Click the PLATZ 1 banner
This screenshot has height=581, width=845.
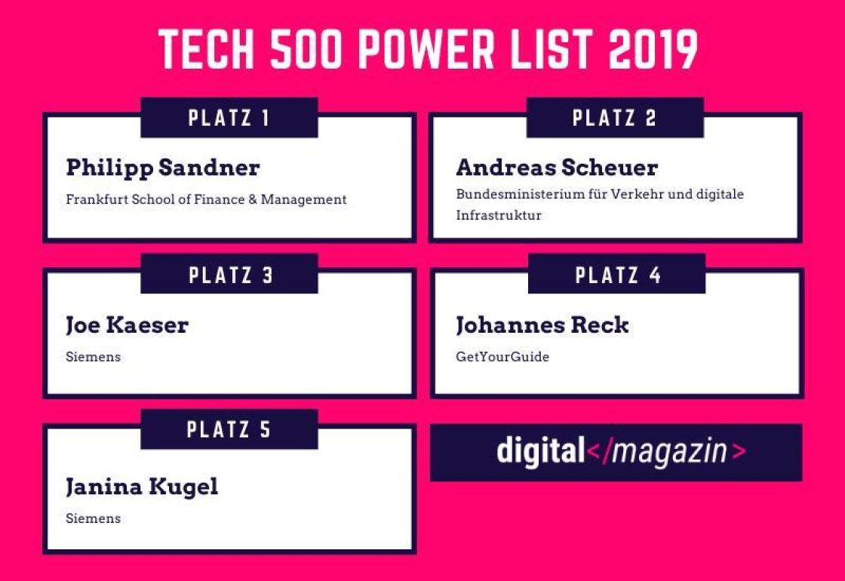(229, 118)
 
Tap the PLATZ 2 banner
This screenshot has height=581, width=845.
(615, 118)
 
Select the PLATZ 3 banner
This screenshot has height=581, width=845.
(229, 275)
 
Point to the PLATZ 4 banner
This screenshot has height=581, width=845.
(617, 275)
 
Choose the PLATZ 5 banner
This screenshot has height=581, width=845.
(229, 430)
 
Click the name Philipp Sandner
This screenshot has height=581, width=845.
(162, 168)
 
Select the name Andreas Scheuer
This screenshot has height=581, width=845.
(557, 168)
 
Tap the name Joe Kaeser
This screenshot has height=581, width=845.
(127, 325)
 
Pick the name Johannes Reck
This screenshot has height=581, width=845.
(542, 325)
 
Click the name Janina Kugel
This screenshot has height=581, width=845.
(142, 487)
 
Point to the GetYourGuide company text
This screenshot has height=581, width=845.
(502, 357)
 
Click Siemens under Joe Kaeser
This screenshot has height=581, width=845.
(93, 357)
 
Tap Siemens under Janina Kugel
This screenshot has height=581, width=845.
(93, 518)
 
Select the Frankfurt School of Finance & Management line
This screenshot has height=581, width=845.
(206, 200)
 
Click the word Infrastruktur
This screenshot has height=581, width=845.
(499, 215)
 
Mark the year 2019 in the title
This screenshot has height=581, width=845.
(653, 51)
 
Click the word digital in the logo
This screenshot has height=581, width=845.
(540, 451)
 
